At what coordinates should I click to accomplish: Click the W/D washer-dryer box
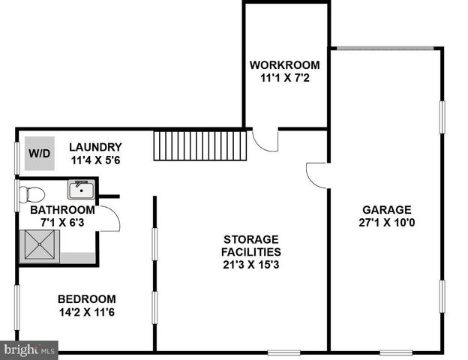39,154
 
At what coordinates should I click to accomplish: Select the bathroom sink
79,188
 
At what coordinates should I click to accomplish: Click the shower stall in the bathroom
40,245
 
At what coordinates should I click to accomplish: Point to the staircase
201,145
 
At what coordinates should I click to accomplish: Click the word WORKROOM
284,64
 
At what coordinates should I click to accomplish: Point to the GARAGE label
386,210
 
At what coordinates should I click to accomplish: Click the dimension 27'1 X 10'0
386,223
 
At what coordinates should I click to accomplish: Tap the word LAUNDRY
95,147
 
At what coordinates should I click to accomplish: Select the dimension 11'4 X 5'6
95,160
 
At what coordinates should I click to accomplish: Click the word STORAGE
250,239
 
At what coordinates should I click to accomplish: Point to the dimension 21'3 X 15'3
250,264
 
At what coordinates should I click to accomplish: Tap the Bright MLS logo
29,349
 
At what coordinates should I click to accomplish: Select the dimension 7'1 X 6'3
62,223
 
